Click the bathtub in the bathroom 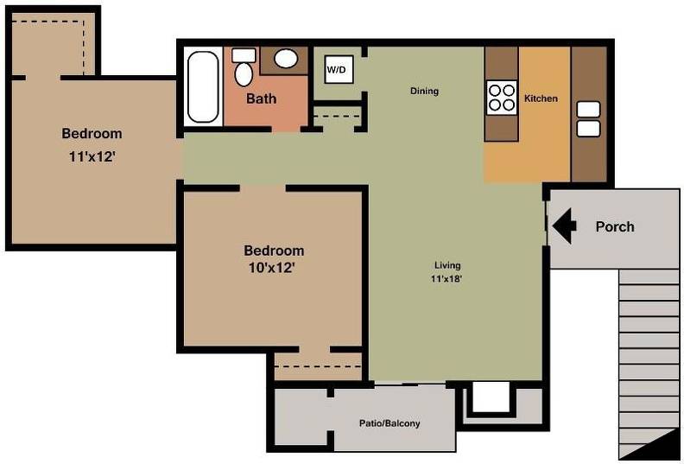click(203, 87)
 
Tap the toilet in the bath click(244, 67)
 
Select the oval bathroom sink click(285, 59)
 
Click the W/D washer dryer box click(339, 69)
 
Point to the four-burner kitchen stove click(502, 98)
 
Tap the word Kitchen click(541, 99)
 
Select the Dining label click(424, 91)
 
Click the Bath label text click(262, 99)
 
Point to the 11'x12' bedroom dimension click(92, 156)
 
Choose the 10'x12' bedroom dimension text click(272, 268)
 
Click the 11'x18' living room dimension click(446, 279)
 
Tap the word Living click(447, 265)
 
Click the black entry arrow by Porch click(565, 226)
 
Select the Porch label click(615, 226)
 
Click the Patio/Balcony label click(389, 423)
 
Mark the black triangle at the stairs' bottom click(656, 443)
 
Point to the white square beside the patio click(491, 397)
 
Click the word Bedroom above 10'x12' click(274, 251)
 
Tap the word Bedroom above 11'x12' click(92, 133)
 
